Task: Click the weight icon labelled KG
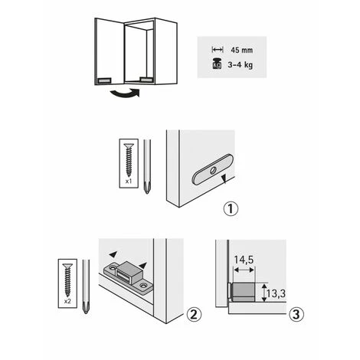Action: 217,64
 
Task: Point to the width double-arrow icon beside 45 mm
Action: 217,47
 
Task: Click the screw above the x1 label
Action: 127,160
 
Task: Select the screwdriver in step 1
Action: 146,166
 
